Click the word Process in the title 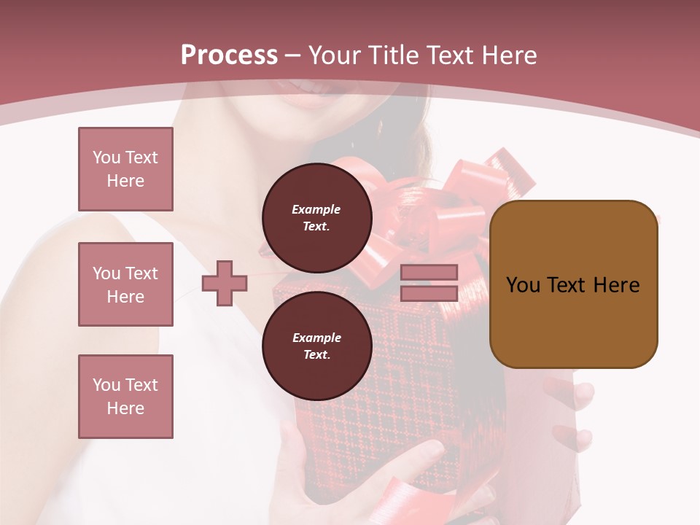pos(229,55)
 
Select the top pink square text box pos(125,169)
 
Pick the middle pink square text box pos(125,284)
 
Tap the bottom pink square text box pos(125,397)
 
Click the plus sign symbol pos(225,283)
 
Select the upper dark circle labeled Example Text pos(316,217)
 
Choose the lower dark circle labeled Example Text pos(316,346)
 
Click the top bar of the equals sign pos(429,273)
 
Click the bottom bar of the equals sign pos(429,293)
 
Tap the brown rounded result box pos(573,284)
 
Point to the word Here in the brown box pos(616,285)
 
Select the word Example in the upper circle pos(316,209)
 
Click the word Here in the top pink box pos(125,181)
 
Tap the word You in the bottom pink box pos(106,385)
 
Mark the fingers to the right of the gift pos(576,416)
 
